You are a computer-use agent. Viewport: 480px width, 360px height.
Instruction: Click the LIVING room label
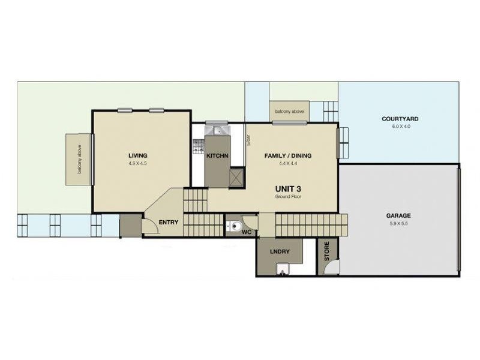137,155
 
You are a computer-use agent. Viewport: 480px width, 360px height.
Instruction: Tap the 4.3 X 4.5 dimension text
137,163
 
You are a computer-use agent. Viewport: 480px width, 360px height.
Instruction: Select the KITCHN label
217,156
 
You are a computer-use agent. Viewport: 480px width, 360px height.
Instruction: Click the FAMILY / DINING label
288,156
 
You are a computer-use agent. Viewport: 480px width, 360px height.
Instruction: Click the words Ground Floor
287,197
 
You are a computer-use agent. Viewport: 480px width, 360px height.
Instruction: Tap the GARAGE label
398,215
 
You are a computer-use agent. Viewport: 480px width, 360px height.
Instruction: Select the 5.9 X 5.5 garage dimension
398,223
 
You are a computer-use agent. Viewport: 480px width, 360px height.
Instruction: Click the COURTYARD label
400,119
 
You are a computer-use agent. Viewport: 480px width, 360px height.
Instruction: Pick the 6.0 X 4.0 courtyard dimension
400,127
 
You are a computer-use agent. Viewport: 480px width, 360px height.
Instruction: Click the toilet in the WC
235,227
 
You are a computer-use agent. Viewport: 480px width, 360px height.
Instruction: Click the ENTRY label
169,223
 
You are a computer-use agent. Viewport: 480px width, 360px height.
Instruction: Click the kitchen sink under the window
214,129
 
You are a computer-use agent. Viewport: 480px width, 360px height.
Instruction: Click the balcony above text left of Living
79,159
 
